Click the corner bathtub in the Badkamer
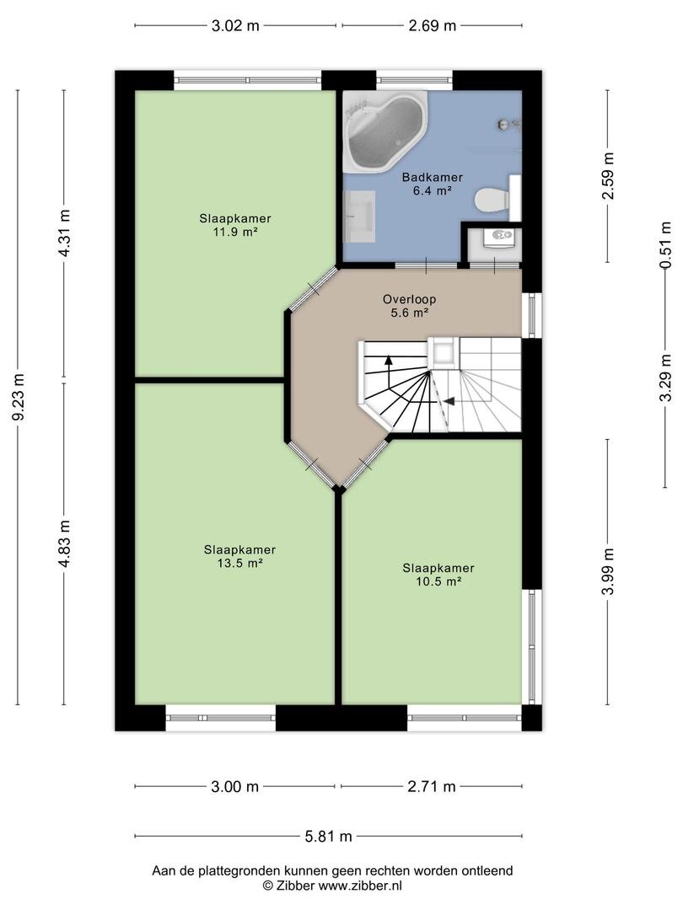(385, 131)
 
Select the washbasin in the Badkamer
(359, 216)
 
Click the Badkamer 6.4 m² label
(433, 184)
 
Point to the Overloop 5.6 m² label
(409, 306)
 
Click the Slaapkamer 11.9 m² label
(235, 225)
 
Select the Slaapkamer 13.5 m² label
(239, 556)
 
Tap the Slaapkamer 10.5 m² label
(438, 575)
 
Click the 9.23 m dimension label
(18, 398)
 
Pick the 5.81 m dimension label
(329, 837)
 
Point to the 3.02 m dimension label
(235, 25)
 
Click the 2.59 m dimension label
(608, 175)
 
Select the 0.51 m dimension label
(665, 245)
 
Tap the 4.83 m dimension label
(64, 543)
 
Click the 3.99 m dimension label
(608, 571)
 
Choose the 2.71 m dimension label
(432, 786)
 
